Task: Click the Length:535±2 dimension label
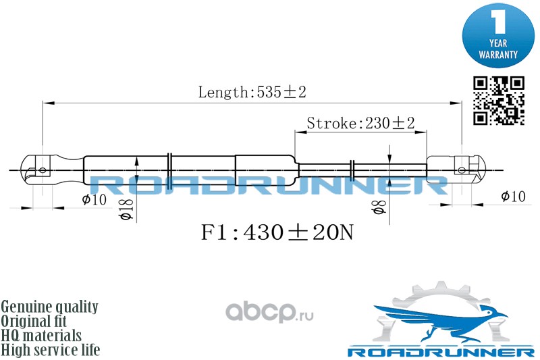252,92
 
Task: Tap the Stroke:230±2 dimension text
360,123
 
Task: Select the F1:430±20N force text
277,232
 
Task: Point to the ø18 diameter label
127,210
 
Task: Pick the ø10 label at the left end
94,199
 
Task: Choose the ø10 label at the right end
513,197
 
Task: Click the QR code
498,101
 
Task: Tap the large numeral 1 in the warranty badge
498,22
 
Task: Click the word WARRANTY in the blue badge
498,55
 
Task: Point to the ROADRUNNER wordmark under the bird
441,352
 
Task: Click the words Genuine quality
49,307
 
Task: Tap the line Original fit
34,321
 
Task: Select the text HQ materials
41,336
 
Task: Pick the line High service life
51,350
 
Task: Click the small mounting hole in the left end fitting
43,170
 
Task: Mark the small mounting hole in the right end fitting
462,170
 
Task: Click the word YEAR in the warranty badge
498,43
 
